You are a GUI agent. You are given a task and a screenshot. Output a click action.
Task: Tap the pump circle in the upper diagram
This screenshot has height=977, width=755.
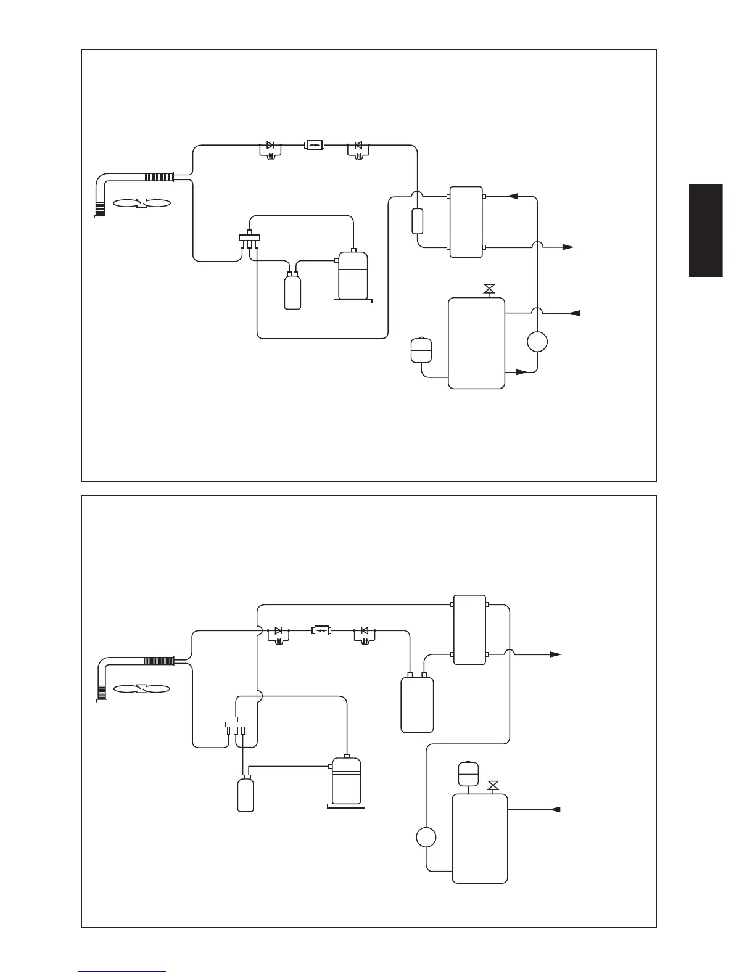click(537, 341)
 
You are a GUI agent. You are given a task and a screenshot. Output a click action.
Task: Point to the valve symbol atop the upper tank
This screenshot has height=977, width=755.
click(489, 288)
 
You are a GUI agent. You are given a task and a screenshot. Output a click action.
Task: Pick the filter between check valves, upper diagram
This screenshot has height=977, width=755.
click(314, 146)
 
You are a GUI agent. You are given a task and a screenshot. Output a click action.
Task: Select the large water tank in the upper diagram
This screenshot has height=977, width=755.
click(476, 343)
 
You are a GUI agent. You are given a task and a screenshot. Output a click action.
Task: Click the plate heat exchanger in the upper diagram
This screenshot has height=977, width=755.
click(466, 221)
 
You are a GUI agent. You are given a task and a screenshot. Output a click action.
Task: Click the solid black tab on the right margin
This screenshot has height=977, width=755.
click(706, 231)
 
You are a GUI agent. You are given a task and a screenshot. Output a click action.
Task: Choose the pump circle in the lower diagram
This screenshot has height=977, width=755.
click(426, 838)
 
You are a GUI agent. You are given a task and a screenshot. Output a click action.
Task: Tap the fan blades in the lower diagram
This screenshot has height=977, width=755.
click(142, 688)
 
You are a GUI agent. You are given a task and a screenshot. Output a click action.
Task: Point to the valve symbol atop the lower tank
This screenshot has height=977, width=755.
click(493, 786)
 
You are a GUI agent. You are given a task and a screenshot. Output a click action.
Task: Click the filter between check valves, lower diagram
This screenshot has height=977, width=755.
click(321, 631)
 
